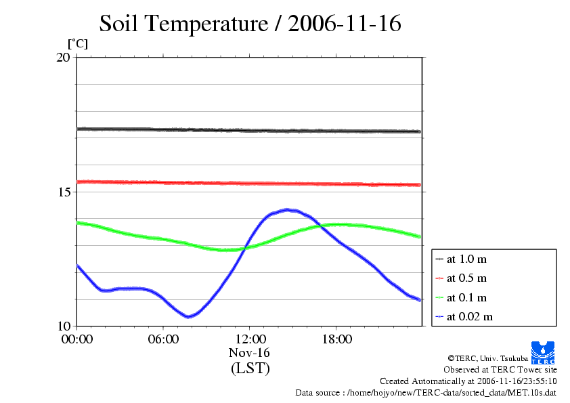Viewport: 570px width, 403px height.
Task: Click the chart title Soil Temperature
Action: [x=250, y=24]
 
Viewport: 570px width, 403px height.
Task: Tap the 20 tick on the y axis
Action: [x=62, y=58]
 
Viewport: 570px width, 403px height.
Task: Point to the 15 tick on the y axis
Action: [x=62, y=192]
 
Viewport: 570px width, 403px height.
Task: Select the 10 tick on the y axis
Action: [x=62, y=326]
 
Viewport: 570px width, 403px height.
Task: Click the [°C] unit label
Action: [x=77, y=44]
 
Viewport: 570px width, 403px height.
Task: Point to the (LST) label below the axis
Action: [x=250, y=369]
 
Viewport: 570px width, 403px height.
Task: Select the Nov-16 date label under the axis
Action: [x=250, y=353]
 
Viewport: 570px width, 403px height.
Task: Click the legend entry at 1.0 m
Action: [x=466, y=259]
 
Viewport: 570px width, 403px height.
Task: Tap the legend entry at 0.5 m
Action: [x=466, y=278]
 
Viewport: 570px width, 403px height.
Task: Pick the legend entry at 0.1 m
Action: [x=466, y=297]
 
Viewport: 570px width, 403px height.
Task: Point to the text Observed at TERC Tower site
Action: [x=500, y=370]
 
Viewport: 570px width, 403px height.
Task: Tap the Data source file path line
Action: [x=426, y=392]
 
